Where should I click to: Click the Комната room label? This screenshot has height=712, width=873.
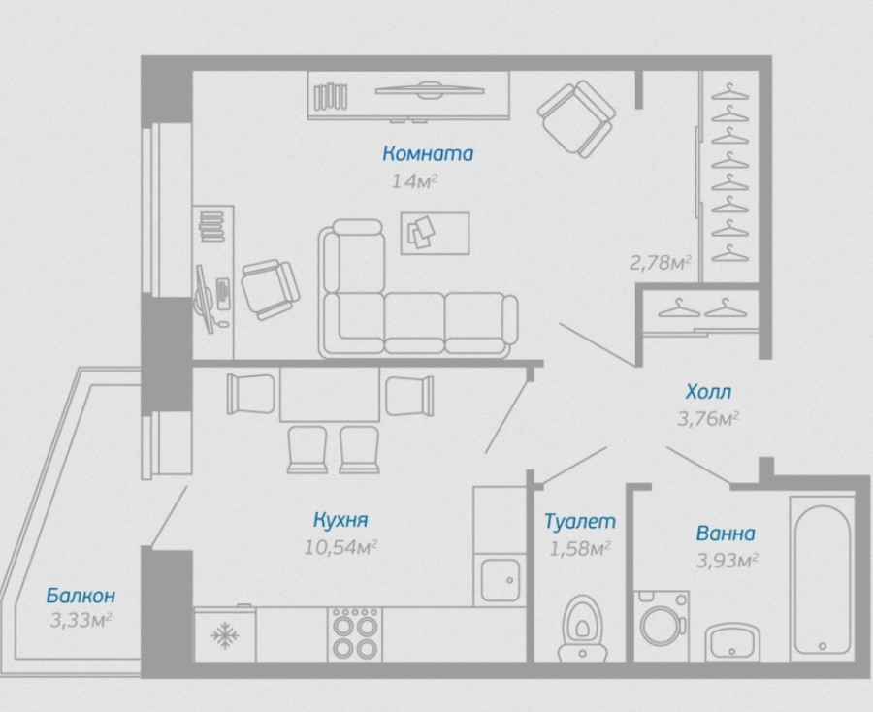pyautogui.click(x=428, y=153)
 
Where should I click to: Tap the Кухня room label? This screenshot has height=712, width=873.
pyautogui.click(x=339, y=520)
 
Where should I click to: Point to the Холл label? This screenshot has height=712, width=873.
pyautogui.click(x=708, y=393)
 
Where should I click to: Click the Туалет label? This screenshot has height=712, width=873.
pyautogui.click(x=580, y=522)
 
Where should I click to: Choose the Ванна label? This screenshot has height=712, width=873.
pyautogui.click(x=726, y=534)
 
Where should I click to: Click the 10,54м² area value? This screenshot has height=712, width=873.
pyautogui.click(x=340, y=547)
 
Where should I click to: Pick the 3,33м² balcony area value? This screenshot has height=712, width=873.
pyautogui.click(x=81, y=618)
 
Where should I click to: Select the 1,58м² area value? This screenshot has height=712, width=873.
pyautogui.click(x=580, y=548)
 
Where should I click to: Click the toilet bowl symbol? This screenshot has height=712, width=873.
pyautogui.click(x=580, y=621)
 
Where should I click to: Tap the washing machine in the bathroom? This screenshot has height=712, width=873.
pyautogui.click(x=662, y=624)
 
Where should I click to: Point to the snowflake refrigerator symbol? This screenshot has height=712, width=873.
pyautogui.click(x=225, y=636)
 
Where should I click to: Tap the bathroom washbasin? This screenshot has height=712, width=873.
pyautogui.click(x=738, y=640)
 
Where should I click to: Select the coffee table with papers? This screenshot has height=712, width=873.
pyautogui.click(x=435, y=233)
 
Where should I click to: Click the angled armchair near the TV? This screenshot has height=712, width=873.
pyautogui.click(x=576, y=117)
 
